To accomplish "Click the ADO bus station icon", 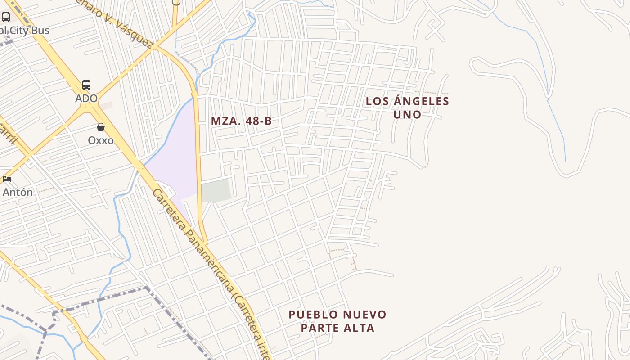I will pos(86,85).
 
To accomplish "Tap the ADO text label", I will pos(86,99).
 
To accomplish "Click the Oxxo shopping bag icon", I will pos(101,127).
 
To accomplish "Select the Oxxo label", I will pos(101,140).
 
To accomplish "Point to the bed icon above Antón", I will pos(7,179).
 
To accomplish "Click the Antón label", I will pos(18,193).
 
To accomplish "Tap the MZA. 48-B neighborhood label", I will pos(241,121).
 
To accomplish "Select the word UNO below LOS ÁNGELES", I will pos(407,115).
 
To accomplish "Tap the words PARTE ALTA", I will pos(337,328).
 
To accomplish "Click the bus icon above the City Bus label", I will pos(6,17).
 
